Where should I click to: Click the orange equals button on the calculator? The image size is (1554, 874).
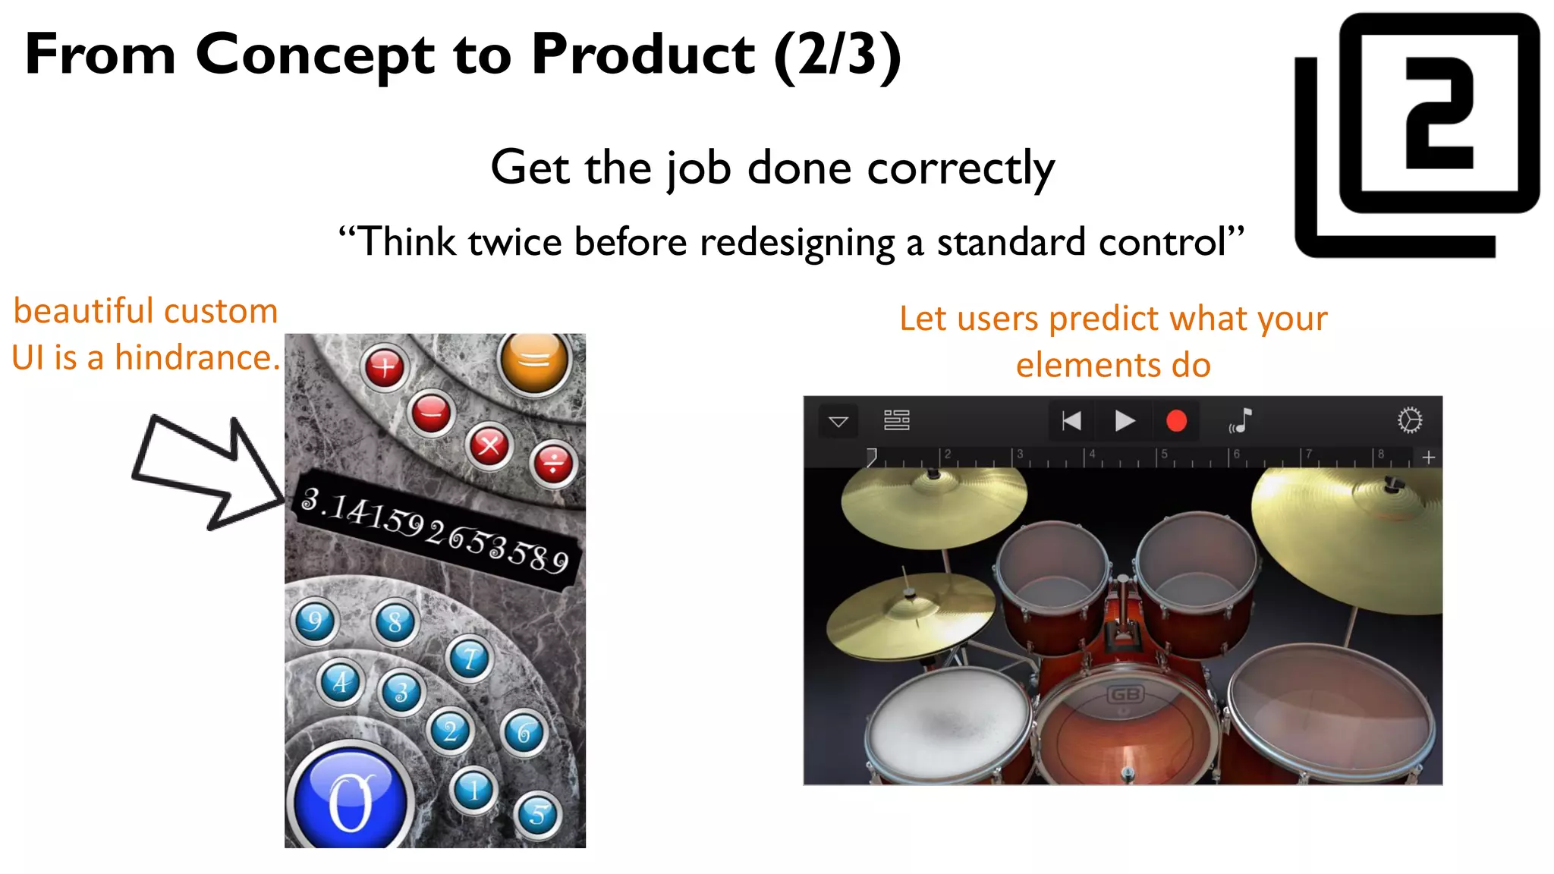534,362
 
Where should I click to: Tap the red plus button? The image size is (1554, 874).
385,368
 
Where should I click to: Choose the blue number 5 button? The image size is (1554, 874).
538,814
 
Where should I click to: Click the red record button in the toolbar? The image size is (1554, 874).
1176,421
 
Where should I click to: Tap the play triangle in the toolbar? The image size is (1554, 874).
1125,421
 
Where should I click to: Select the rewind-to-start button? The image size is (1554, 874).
1071,421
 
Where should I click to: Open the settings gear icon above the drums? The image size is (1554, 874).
1409,420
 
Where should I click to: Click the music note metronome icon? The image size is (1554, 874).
1241,421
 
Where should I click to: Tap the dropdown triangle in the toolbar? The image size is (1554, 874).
838,422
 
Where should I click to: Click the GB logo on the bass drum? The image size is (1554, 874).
1125,695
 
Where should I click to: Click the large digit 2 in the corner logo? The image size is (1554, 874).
1439,113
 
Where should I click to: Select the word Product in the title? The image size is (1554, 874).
643,55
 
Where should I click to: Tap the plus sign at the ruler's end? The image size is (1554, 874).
1428,457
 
